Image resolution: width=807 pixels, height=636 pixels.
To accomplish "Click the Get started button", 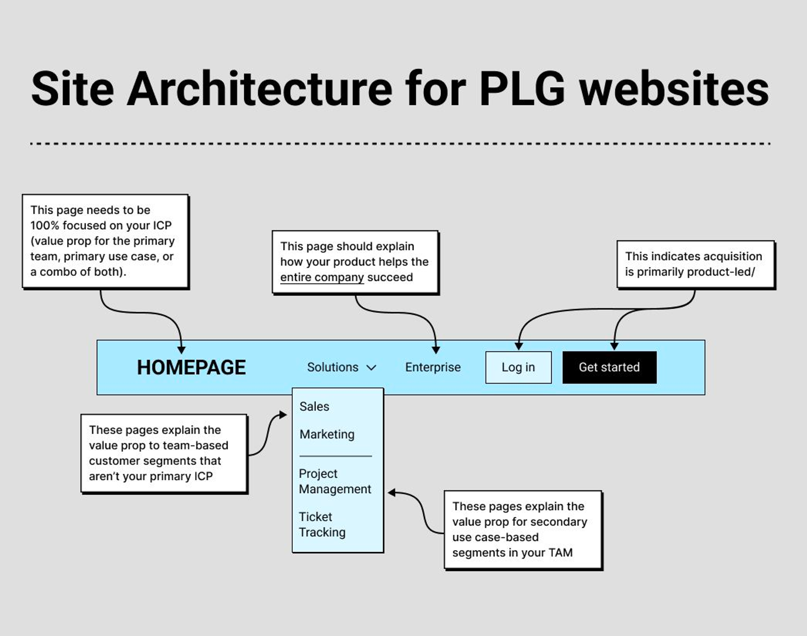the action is pyautogui.click(x=609, y=367).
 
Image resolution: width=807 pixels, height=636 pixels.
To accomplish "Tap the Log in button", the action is pyautogui.click(x=518, y=367).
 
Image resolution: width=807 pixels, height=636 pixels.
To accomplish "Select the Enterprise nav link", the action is pyautogui.click(x=433, y=367).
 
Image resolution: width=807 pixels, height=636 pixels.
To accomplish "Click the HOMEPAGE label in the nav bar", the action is pyautogui.click(x=191, y=367).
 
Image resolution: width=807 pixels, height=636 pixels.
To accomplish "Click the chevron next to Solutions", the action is pyautogui.click(x=371, y=368).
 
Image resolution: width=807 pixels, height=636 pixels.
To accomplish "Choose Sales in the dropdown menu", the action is pyautogui.click(x=314, y=406).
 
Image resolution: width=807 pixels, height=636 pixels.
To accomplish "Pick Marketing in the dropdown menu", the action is pyautogui.click(x=327, y=434).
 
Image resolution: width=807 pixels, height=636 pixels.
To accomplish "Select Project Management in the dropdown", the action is pyautogui.click(x=335, y=481).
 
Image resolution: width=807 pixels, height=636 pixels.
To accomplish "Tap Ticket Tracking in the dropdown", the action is pyautogui.click(x=322, y=524).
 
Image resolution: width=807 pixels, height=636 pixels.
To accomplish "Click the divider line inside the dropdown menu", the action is pyautogui.click(x=336, y=456).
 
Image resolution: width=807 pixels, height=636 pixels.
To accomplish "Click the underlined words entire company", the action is pyautogui.click(x=322, y=278).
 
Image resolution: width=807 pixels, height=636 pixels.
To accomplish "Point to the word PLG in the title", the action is pyautogui.click(x=522, y=88).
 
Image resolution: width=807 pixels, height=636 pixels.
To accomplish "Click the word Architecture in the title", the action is pyautogui.click(x=259, y=88).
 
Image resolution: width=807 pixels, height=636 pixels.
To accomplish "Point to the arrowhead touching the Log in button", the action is pyautogui.click(x=519, y=346).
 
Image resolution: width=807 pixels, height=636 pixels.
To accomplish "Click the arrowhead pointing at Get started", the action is pyautogui.click(x=614, y=346).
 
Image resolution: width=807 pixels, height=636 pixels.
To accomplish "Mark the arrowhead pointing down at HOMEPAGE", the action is pyautogui.click(x=182, y=350).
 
